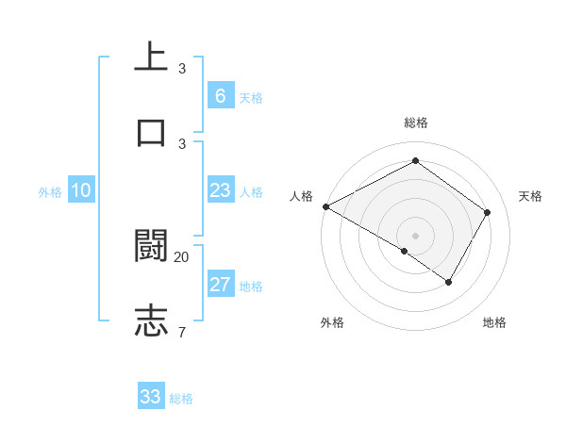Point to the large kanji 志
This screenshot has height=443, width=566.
click(151, 320)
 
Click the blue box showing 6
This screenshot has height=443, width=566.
click(220, 96)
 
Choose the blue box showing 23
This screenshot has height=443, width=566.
click(220, 191)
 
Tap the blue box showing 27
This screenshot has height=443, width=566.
click(220, 286)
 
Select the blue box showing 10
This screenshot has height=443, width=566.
click(81, 191)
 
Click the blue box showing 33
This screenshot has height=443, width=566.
click(151, 397)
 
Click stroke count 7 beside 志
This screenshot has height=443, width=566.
click(182, 331)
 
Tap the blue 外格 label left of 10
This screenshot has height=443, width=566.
click(50, 192)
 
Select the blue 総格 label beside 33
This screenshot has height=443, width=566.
click(181, 399)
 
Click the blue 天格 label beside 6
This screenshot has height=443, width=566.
click(250, 98)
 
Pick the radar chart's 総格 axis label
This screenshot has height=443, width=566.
click(415, 123)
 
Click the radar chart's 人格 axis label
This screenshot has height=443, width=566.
click(301, 196)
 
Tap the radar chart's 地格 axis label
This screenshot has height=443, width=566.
click(494, 323)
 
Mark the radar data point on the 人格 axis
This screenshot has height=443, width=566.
click(325, 206)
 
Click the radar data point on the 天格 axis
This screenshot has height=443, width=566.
click(488, 212)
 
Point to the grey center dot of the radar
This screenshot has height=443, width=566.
click(415, 235)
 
